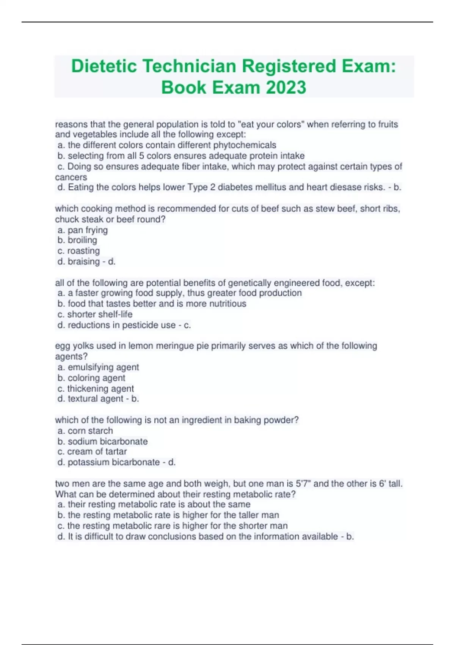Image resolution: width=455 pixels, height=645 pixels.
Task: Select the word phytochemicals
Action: pos(245,145)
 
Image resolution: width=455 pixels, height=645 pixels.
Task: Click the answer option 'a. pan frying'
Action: pos(83,230)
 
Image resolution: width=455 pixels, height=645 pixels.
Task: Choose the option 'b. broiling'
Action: pos(77,240)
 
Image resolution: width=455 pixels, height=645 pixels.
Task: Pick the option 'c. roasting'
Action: pos(79,251)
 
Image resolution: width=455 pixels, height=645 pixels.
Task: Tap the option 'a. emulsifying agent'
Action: pos(98,367)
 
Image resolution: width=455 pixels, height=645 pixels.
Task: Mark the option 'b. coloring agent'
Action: pos(91,378)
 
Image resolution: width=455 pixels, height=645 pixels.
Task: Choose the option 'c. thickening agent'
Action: pos(96,389)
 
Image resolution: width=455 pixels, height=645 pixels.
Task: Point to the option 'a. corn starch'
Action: pos(85,431)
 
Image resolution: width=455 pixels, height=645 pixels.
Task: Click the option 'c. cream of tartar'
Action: pos(92,451)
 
